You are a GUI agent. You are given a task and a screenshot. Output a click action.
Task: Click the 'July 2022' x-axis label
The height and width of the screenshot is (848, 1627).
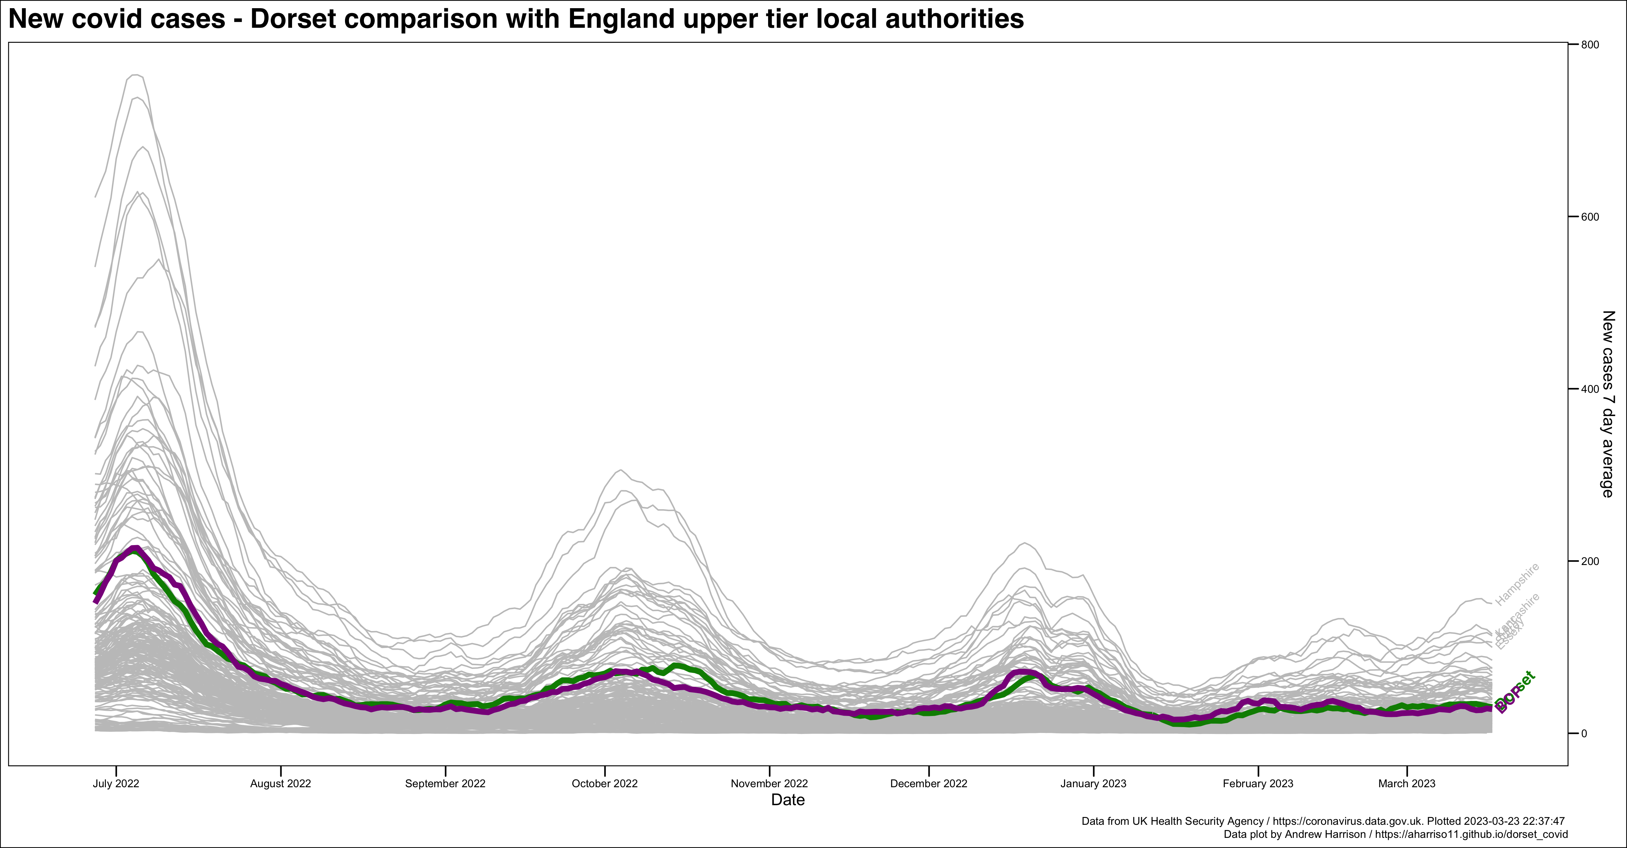click(116, 784)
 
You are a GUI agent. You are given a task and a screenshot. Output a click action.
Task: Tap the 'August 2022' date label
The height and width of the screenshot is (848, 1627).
click(280, 784)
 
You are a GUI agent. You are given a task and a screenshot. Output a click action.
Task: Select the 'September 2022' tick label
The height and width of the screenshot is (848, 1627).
click(445, 784)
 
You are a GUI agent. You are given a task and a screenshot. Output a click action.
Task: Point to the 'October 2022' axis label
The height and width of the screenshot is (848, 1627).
click(604, 784)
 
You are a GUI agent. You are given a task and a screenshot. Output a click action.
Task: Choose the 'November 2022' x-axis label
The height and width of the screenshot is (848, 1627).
click(769, 784)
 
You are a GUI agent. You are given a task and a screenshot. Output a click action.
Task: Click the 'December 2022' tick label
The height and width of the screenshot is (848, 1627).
click(929, 784)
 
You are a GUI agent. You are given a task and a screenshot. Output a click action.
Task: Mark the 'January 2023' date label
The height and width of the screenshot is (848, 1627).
click(1093, 784)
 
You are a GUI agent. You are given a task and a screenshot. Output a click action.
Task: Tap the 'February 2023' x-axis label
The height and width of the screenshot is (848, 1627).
click(1258, 784)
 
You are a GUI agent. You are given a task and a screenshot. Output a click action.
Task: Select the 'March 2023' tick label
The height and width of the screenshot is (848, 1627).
click(1406, 784)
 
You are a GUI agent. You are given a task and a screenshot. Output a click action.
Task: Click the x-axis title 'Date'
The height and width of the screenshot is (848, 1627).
click(788, 800)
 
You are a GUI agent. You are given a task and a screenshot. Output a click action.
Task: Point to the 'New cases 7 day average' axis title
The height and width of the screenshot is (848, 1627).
click(1607, 405)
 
